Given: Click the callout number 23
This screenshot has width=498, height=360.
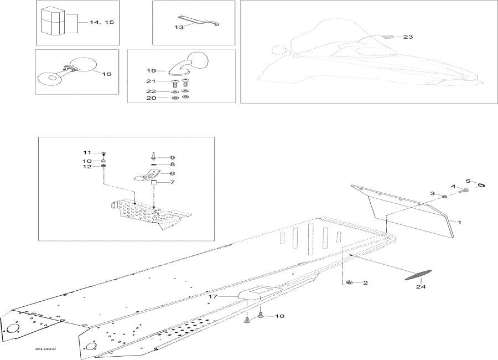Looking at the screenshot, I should tap(408, 37).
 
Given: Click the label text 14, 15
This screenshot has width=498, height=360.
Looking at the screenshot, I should tap(102, 22).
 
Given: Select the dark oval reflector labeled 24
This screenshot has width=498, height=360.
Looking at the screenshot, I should tap(418, 275).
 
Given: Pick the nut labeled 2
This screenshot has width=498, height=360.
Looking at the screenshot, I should tap(349, 283).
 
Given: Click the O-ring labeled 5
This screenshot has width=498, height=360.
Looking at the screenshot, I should tap(480, 186).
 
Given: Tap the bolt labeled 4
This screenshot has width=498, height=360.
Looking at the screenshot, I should tap(463, 191).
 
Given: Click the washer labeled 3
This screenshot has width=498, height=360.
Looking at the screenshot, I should tap(445, 196).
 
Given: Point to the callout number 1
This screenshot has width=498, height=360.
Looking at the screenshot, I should tap(459, 221).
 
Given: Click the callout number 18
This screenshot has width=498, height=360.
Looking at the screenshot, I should tap(279, 316).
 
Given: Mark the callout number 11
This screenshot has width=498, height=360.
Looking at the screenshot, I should tap(87, 152).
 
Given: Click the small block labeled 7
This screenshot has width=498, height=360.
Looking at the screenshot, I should tap(155, 182).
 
